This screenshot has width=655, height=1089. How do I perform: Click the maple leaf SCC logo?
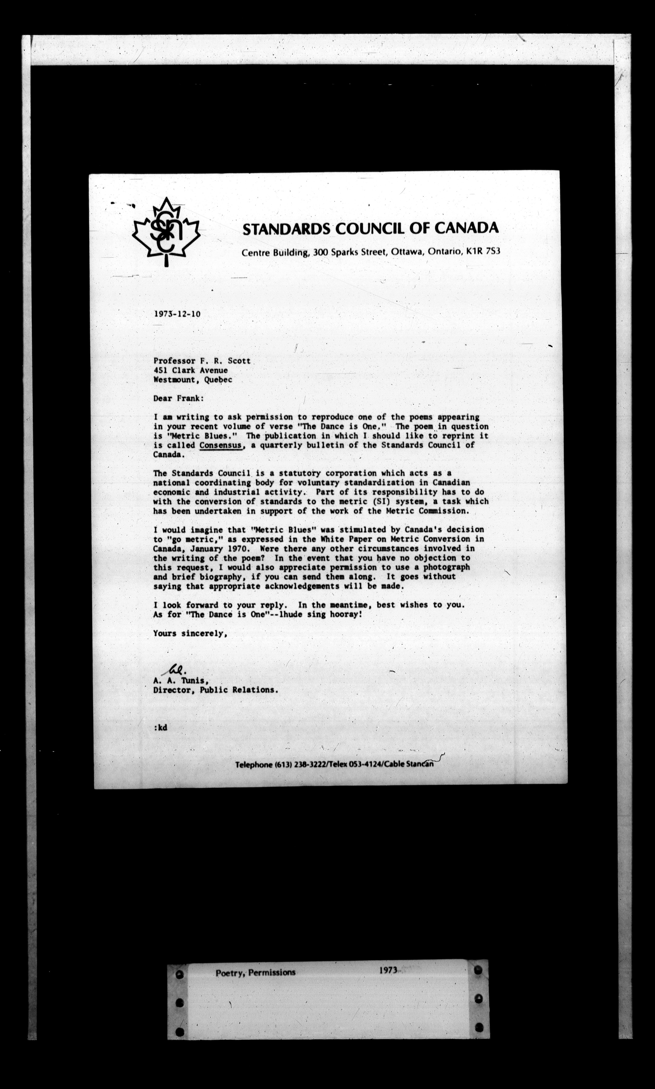[166, 232]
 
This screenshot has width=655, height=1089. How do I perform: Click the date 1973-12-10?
[177, 314]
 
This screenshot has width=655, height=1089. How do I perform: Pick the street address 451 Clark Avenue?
[191, 370]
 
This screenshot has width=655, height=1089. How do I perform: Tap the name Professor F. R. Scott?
[202, 361]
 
